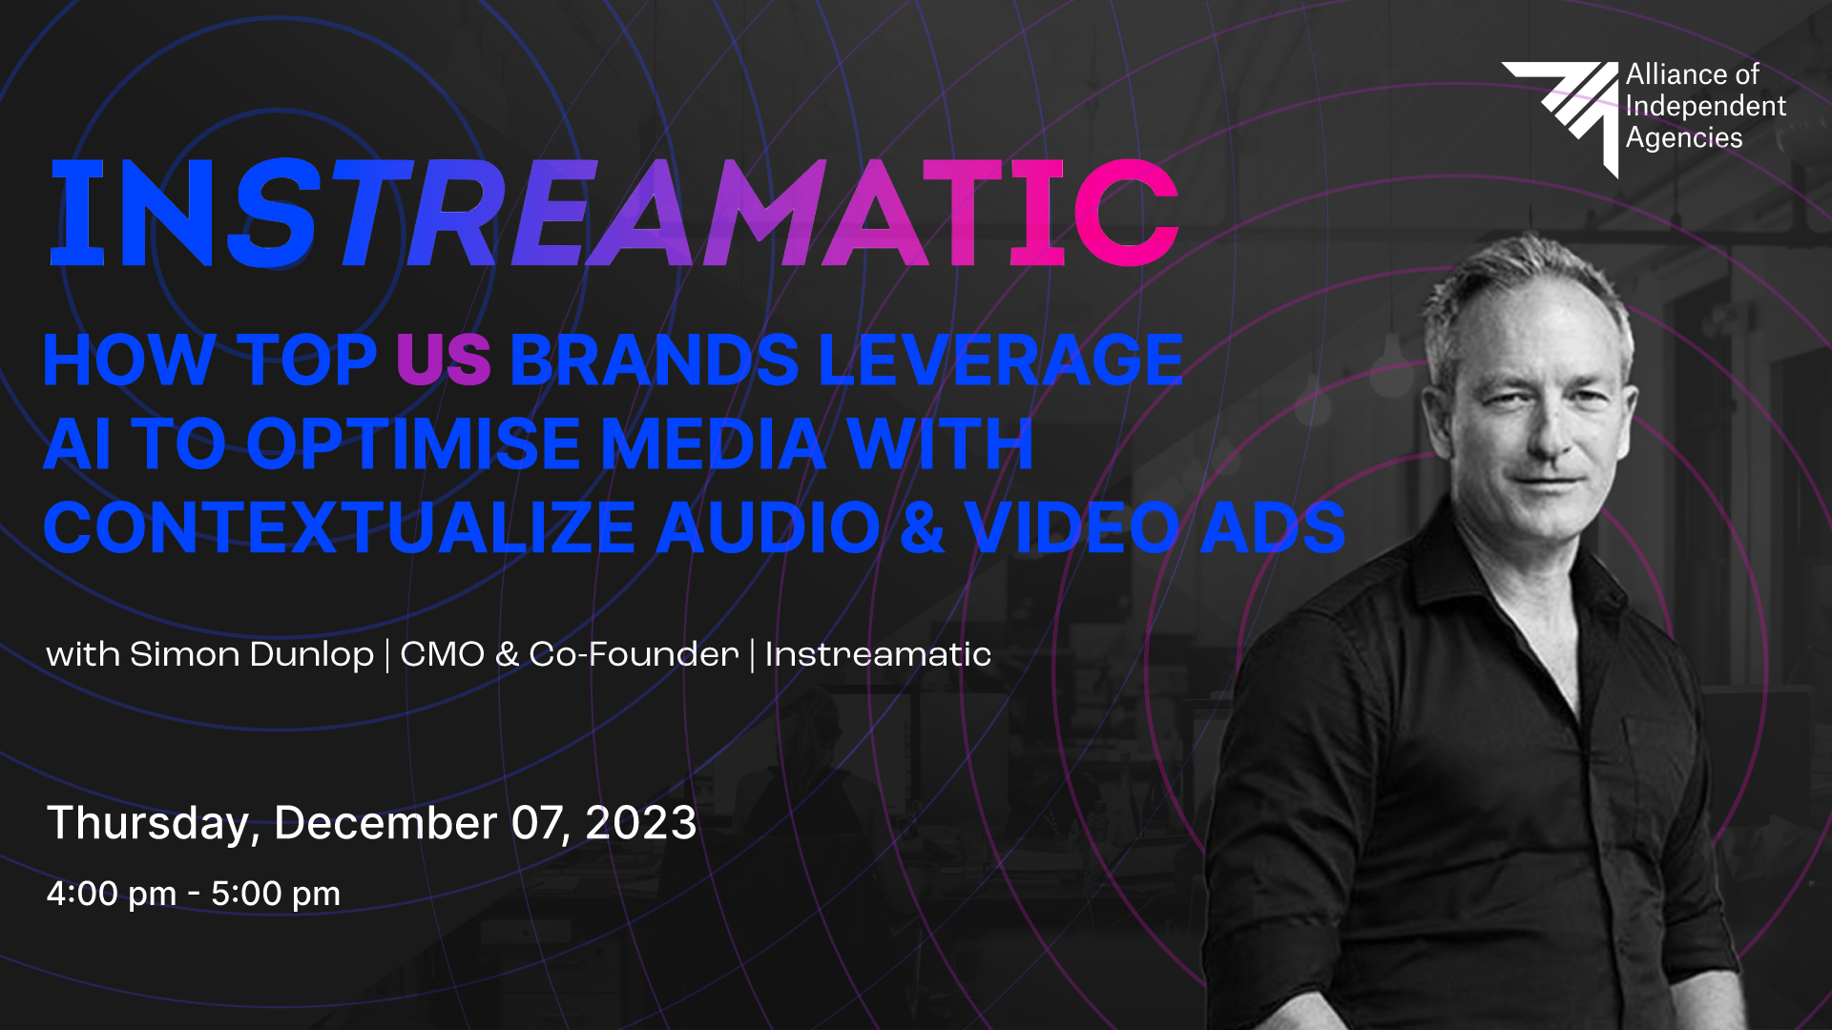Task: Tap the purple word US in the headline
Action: [x=444, y=360]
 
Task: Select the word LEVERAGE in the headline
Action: [x=1001, y=360]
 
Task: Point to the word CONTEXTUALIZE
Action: [x=340, y=528]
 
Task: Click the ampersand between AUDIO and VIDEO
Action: [x=922, y=528]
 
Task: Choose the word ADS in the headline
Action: [x=1272, y=528]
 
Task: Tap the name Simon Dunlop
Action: [x=252, y=654]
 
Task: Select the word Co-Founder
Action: [x=634, y=654]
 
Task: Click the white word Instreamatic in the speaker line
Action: [x=878, y=654]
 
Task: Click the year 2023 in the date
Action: [x=641, y=823]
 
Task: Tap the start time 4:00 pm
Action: [x=112, y=894]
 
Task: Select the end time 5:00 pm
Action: [x=276, y=894]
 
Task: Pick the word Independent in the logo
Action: [x=1706, y=107]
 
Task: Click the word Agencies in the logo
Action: [x=1684, y=138]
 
